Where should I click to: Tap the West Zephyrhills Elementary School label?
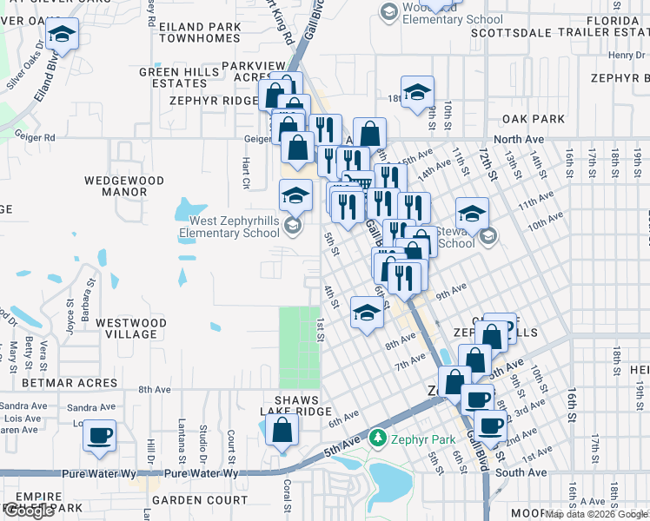[229, 228]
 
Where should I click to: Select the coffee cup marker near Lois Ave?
[100, 434]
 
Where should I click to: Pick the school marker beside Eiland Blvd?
[62, 36]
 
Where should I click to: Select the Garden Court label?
[200, 500]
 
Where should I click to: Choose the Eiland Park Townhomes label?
[200, 33]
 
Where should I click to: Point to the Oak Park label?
[533, 119]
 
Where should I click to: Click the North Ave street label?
[519, 139]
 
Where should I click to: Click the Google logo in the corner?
[30, 511]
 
